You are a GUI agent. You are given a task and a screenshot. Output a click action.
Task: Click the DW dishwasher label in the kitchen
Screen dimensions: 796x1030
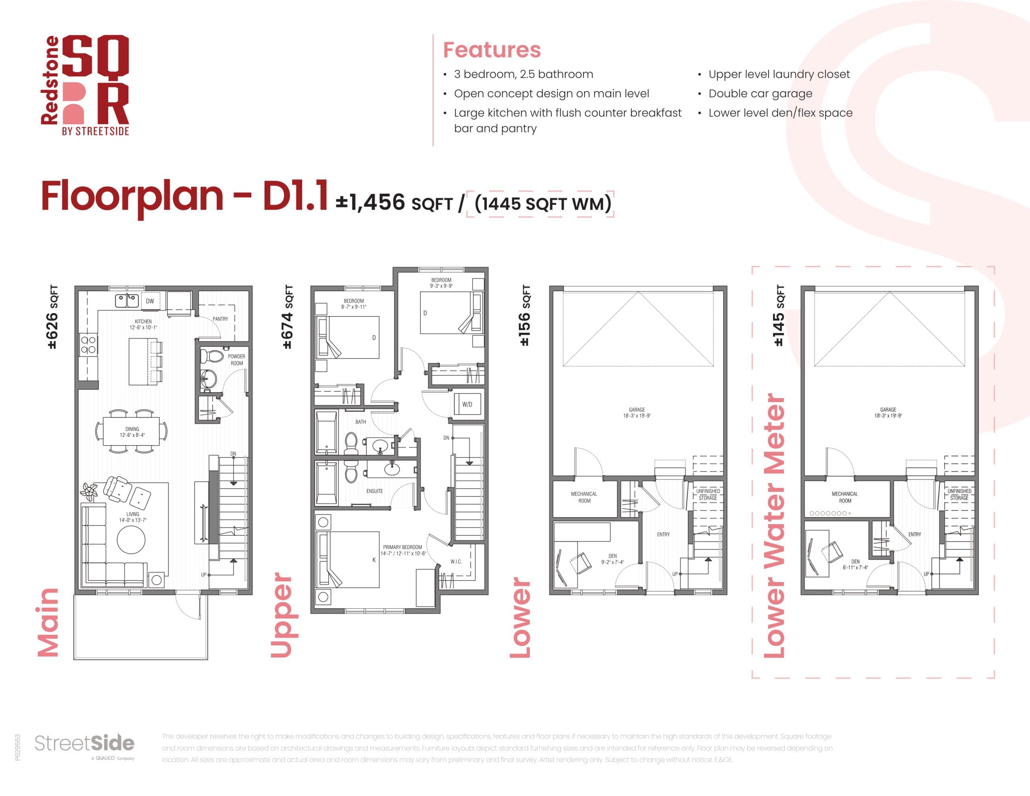coord(150,301)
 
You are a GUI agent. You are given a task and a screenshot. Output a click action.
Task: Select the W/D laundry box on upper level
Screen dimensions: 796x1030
coord(467,404)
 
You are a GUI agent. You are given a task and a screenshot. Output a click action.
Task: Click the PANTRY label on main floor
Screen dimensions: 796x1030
coord(220,319)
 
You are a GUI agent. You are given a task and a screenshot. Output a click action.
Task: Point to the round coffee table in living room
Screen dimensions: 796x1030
coord(131,539)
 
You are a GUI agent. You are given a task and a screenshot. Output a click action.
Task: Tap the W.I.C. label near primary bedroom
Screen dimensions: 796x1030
coord(456,562)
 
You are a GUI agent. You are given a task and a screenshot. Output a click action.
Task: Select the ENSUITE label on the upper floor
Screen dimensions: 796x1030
coord(375,491)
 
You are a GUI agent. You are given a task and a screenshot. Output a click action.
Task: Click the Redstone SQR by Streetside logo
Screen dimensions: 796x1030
coord(85,85)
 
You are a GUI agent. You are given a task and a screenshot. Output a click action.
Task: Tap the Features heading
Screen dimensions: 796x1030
coord(491,50)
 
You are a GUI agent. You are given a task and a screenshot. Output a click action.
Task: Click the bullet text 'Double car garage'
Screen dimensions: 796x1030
coord(760,93)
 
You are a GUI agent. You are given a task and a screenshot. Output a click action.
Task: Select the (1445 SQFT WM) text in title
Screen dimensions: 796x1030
coord(543,203)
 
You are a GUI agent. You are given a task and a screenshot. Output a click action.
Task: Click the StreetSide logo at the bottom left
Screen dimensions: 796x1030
coord(85,744)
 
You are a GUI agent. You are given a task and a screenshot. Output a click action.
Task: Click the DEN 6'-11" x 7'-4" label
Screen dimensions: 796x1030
coord(855,564)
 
